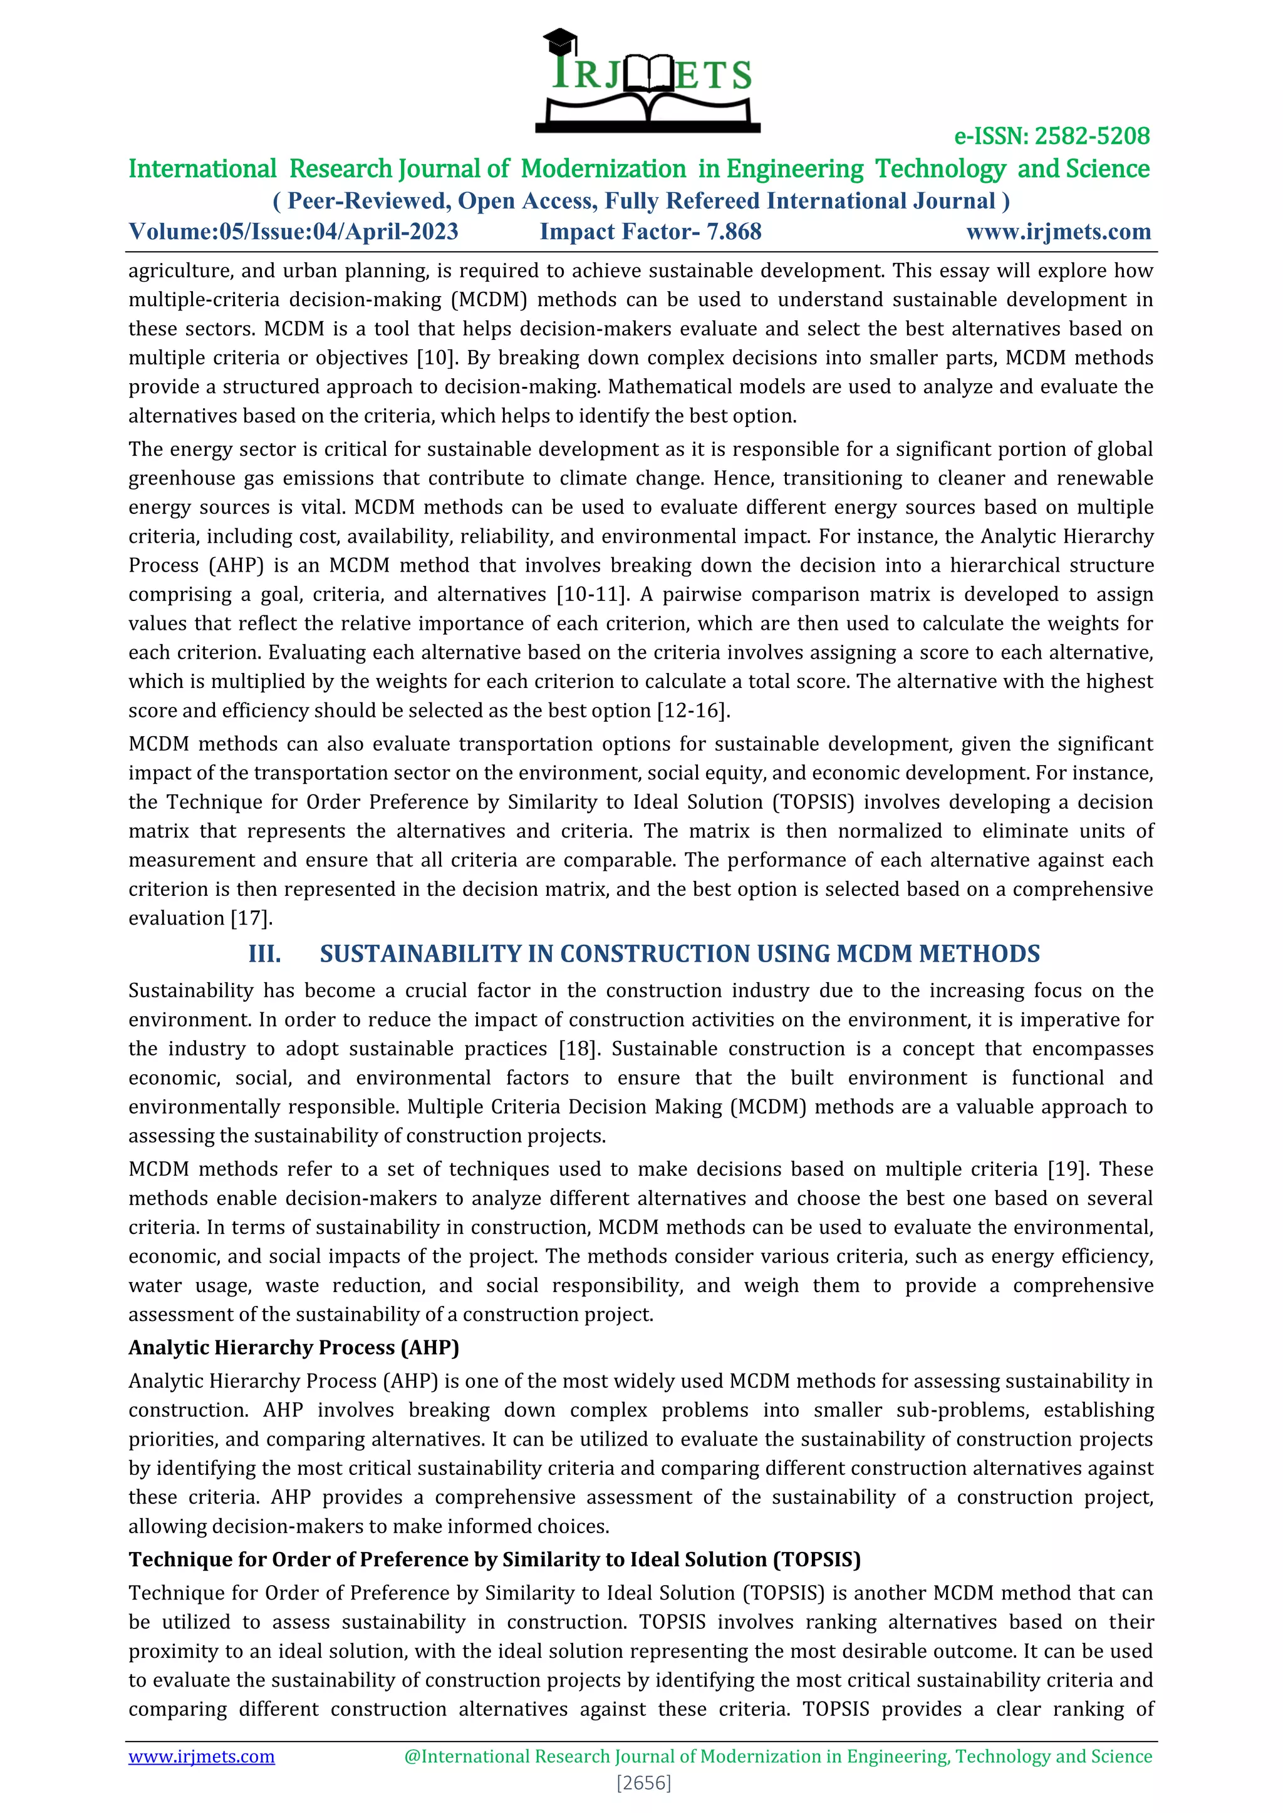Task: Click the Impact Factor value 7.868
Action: (734, 232)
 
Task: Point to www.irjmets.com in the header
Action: (1058, 232)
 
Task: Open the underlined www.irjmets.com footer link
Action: (202, 1756)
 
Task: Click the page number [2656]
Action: (643, 1783)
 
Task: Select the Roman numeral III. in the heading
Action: (264, 954)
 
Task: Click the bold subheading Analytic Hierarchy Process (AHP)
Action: (293, 1348)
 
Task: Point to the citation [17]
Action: (251, 918)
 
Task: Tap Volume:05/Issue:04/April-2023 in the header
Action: (293, 232)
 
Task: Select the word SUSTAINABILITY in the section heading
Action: (420, 954)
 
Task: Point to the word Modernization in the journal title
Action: (603, 168)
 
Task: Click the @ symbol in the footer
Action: (412, 1756)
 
